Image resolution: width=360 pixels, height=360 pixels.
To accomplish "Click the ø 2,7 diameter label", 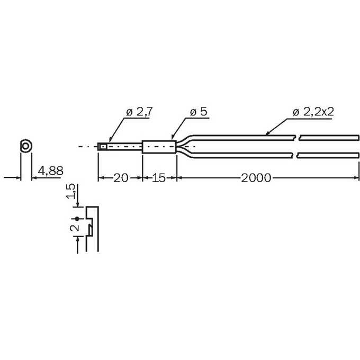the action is coord(139,112).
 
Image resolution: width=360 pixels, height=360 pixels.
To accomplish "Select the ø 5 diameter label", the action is coord(199,112).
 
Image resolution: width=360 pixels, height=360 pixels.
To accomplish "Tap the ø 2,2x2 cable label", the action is coord(313,112).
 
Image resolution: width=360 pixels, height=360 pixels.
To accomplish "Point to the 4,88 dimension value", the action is coord(50,171).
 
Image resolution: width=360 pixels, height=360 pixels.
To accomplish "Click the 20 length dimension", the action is coord(121,178).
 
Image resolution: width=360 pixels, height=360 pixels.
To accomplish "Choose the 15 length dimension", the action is coord(158,178).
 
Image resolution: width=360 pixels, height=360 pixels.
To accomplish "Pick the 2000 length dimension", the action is coord(256,178).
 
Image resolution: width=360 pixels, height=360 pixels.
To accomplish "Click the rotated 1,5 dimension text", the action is coord(71,191).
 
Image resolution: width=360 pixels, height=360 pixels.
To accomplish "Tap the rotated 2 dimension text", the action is coord(75,228).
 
